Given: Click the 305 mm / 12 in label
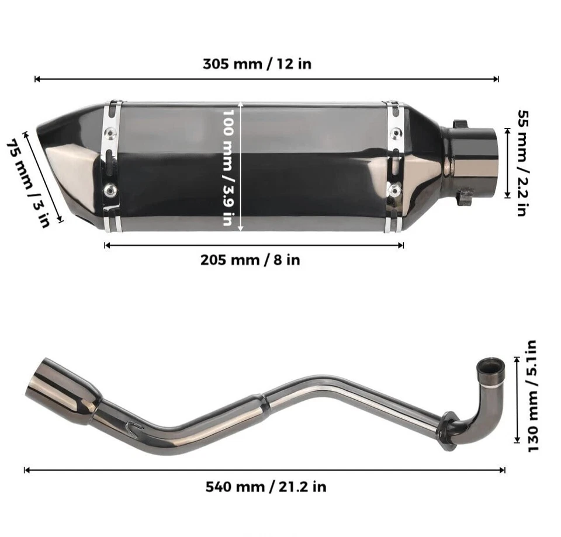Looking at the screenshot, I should [x=257, y=64].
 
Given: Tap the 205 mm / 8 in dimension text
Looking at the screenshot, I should [x=250, y=259].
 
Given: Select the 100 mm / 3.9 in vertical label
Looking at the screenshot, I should [x=231, y=168].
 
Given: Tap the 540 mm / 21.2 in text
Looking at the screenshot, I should [x=265, y=486].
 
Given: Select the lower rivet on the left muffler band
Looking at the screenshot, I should [x=109, y=190].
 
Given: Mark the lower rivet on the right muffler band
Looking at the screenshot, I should [x=396, y=190].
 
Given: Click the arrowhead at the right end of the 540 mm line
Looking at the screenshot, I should [x=502, y=469].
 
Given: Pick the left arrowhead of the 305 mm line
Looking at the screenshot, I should [x=37, y=79].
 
